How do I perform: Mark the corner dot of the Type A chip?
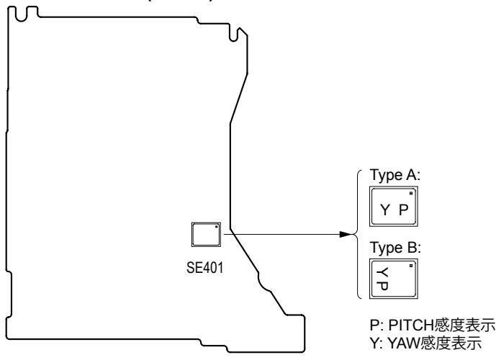(x=410, y=194)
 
